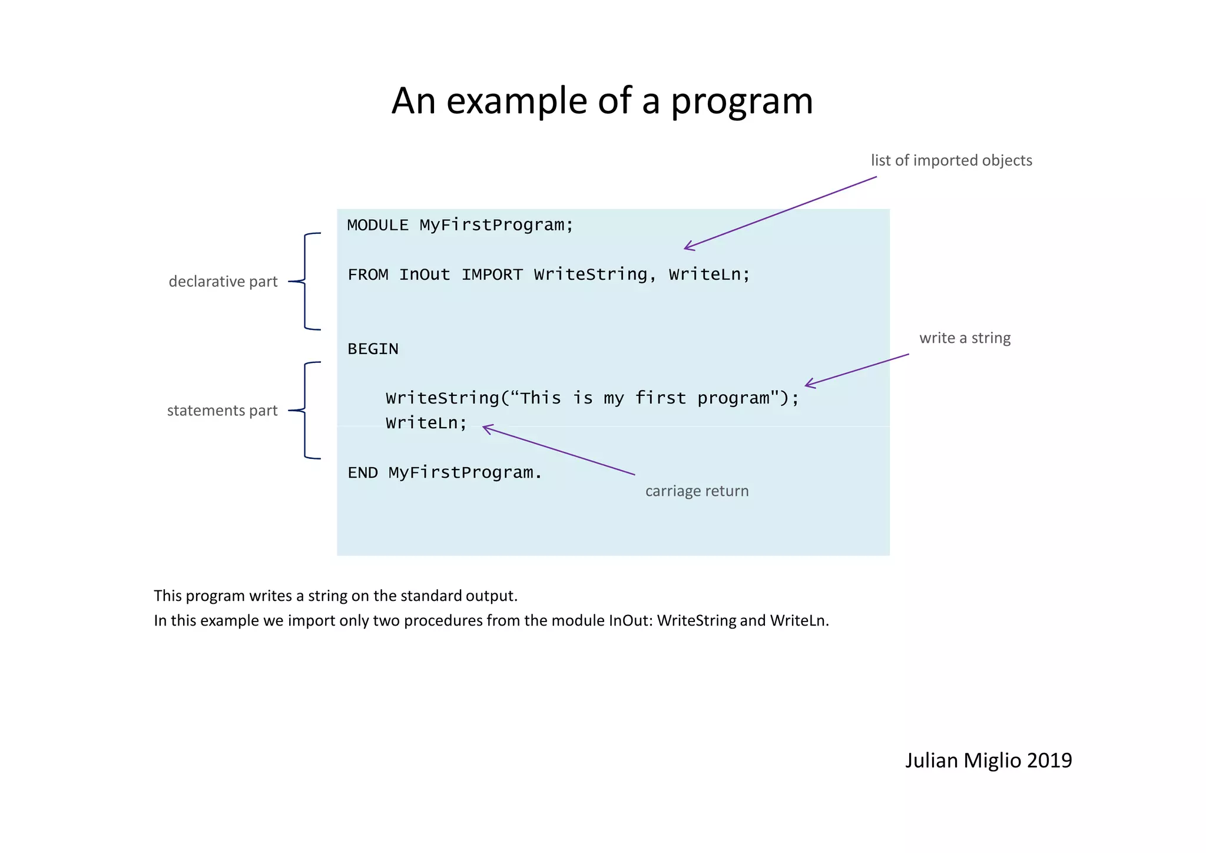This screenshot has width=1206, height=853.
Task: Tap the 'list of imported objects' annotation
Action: tap(951, 160)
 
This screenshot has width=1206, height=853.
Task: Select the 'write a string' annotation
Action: tap(965, 338)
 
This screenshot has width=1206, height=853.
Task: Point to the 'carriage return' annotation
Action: tap(697, 491)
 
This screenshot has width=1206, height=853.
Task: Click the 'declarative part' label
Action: tap(223, 282)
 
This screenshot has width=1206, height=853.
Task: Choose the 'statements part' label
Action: tap(222, 411)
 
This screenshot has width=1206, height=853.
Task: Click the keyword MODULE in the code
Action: tap(377, 225)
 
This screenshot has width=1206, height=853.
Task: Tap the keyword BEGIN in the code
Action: tap(373, 349)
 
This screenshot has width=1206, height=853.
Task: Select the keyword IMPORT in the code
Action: tap(492, 275)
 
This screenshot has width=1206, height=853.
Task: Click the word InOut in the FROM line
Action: tap(424, 275)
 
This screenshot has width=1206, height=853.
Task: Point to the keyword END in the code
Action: tap(362, 472)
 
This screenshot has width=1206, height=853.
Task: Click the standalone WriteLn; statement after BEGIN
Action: tap(426, 423)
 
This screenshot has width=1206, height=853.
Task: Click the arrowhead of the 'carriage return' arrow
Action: tap(485, 428)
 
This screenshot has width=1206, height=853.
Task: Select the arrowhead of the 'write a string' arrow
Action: tap(808, 385)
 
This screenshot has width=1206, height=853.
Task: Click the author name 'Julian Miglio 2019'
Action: tap(988, 761)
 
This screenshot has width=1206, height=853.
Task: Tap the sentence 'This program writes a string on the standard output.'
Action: tap(336, 596)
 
